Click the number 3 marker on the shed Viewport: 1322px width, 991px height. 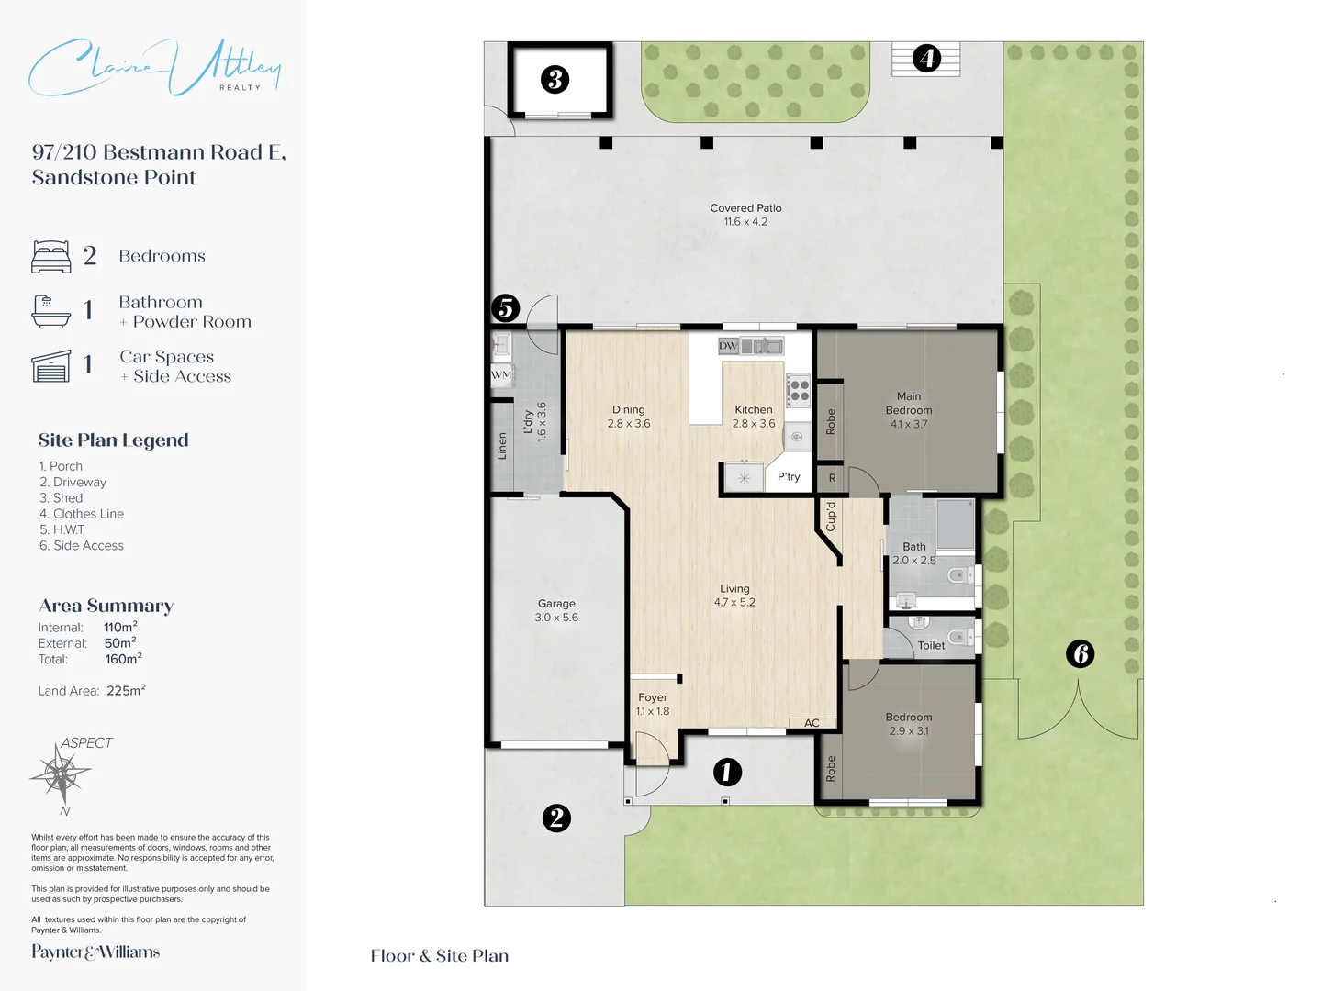pos(555,80)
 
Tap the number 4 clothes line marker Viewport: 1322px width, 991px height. pos(927,59)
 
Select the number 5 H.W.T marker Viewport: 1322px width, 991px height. pos(505,308)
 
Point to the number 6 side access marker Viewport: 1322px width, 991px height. pos(1081,653)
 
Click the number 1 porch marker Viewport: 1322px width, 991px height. pos(727,772)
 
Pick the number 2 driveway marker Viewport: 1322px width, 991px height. pos(556,818)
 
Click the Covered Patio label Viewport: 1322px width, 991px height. pos(745,208)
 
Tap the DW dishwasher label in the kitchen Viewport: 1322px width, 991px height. pos(728,346)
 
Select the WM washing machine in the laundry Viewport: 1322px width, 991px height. pos(501,374)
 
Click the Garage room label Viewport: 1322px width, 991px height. pos(556,604)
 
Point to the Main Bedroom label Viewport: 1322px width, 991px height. pos(909,404)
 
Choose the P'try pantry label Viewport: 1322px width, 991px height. pos(789,477)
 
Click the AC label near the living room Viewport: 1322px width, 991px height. pos(812,723)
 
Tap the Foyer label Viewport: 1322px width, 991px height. pos(653,697)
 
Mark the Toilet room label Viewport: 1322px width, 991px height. pos(931,646)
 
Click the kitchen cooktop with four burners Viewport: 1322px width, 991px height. pos(798,390)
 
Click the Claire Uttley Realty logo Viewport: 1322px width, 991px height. pos(154,67)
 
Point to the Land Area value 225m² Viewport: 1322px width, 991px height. pos(126,691)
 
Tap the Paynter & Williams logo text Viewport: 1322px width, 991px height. pos(95,952)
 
